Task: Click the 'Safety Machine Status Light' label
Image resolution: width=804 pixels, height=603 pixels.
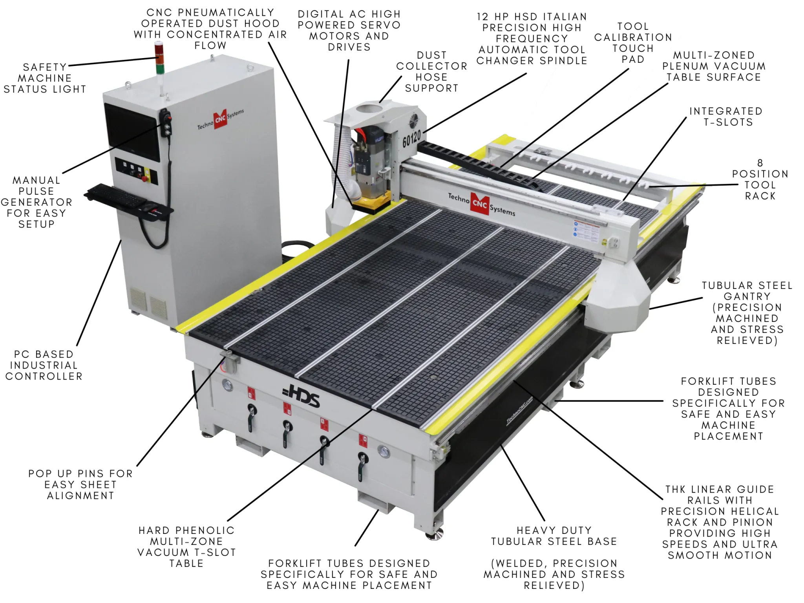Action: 45,78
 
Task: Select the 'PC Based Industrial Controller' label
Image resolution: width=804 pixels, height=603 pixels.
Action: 44,365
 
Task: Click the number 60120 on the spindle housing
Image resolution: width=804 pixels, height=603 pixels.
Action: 411,138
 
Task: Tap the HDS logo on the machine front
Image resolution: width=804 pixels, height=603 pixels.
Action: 301,397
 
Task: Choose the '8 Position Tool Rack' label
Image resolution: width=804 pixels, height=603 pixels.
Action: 760,179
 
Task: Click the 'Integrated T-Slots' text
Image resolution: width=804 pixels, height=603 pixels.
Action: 726,117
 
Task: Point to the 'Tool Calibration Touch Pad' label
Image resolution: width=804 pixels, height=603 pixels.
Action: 633,43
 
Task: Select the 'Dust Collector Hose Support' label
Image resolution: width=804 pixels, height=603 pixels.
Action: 431,72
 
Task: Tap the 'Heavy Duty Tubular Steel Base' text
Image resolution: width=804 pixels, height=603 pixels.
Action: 554,536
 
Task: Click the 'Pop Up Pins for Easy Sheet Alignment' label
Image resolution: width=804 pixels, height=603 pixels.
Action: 80,484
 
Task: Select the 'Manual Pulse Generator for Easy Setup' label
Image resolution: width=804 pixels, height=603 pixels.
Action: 36,202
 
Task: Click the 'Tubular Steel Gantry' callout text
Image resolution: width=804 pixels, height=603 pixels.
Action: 747,313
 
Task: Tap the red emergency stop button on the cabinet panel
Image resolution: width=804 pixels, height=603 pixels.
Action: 145,179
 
